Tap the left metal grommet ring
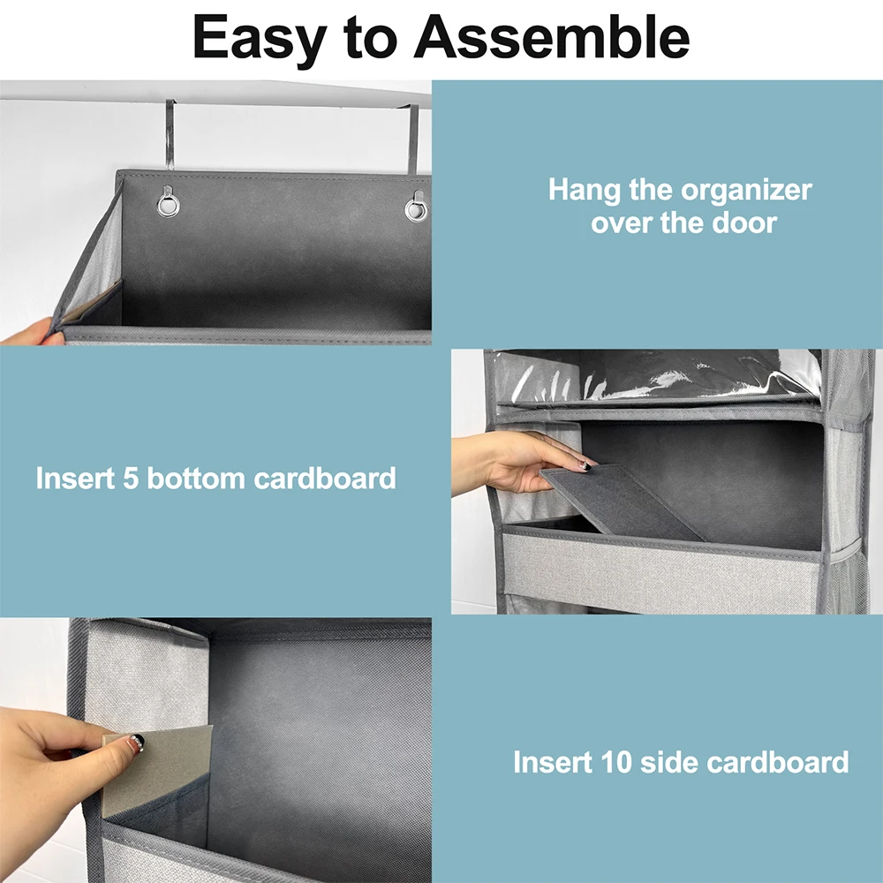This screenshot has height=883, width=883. pos(168,205)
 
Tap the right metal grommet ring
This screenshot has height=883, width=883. pos(416,208)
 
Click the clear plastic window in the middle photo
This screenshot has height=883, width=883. pos(671,375)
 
